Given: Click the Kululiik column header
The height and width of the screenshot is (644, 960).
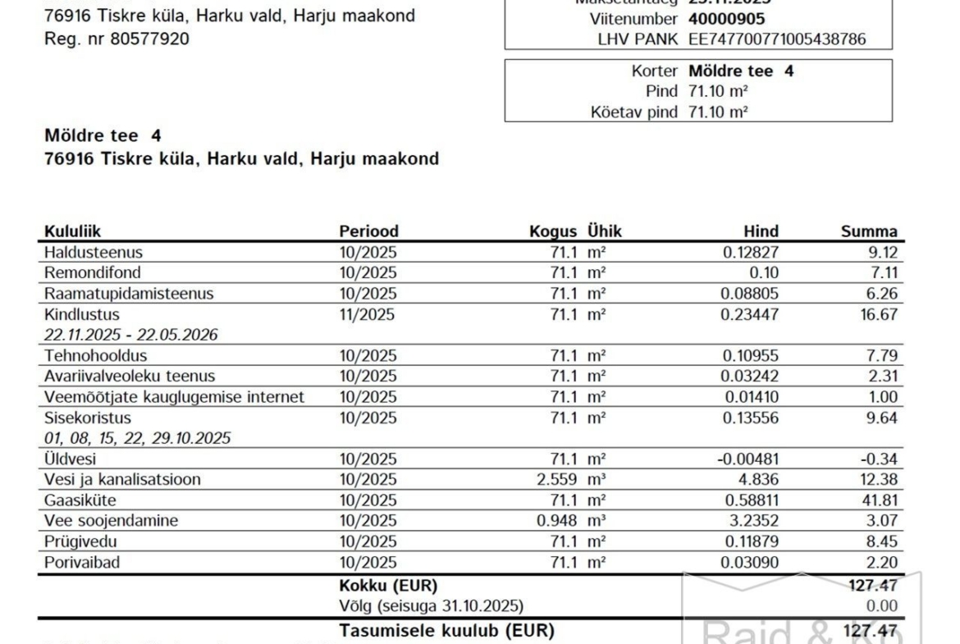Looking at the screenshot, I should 73,232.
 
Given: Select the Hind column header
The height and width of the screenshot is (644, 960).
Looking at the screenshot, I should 761,232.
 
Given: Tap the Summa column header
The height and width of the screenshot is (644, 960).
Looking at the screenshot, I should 869,232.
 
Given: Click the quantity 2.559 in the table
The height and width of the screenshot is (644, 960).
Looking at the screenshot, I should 558,480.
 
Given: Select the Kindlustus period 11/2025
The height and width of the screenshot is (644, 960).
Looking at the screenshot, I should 367,314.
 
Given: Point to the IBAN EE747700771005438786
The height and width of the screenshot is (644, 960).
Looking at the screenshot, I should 776,39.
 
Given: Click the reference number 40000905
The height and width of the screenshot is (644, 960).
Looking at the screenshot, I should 726,19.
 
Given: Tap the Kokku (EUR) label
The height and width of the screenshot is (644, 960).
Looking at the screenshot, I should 388,586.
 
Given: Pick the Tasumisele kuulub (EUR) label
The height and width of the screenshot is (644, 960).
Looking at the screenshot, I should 446,631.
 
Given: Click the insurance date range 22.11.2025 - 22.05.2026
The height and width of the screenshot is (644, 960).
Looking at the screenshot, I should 130,335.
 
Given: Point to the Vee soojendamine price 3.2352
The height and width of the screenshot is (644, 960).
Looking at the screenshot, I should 751,521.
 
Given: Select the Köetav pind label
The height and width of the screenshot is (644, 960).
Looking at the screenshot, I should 634,112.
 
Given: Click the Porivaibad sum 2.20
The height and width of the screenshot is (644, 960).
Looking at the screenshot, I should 882,562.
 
